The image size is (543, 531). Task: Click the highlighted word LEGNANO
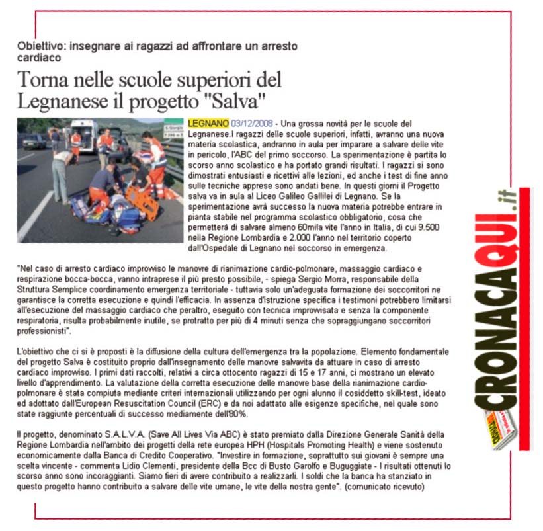click(208, 124)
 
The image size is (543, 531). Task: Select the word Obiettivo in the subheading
click(39, 46)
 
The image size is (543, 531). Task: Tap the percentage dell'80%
click(229, 414)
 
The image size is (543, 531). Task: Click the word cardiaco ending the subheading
click(37, 58)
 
